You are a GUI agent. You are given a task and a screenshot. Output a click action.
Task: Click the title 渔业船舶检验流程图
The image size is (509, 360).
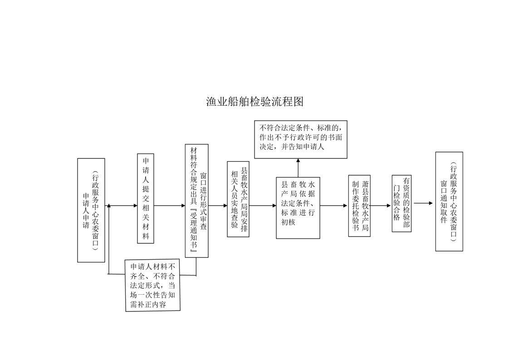[x=255, y=102]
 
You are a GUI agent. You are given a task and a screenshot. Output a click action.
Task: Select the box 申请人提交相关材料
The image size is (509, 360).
[x=146, y=198]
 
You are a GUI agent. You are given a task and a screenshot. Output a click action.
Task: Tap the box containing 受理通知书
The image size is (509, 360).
[x=197, y=201]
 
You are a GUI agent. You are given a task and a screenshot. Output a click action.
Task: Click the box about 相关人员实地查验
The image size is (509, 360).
[x=238, y=199]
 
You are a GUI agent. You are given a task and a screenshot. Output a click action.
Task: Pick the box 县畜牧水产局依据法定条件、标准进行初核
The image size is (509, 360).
[x=298, y=208]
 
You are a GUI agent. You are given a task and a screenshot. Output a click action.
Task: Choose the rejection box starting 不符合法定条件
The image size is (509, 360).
[x=301, y=139]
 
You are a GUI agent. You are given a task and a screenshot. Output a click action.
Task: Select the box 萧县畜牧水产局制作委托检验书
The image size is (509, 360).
[x=359, y=206]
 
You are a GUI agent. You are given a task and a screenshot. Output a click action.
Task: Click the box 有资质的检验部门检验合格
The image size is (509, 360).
[x=401, y=203]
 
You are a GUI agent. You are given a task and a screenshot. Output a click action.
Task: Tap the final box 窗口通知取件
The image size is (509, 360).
[x=449, y=202]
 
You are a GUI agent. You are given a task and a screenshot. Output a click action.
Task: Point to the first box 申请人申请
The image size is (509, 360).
[x=91, y=210]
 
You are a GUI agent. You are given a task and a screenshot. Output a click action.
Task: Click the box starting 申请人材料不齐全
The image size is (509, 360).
[x=152, y=286]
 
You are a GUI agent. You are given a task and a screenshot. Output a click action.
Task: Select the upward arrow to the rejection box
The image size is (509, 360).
[x=298, y=168]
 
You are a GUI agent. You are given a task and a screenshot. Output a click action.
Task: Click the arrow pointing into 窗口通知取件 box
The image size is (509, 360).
[x=423, y=203]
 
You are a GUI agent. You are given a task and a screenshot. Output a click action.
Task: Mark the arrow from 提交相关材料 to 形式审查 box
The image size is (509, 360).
[x=170, y=206]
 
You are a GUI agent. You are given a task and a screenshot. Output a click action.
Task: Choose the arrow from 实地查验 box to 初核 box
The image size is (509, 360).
[x=263, y=206]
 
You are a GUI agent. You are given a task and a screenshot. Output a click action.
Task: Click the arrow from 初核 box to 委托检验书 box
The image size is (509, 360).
[x=334, y=206]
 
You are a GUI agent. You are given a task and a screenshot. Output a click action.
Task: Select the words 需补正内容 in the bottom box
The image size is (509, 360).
[x=148, y=305]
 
